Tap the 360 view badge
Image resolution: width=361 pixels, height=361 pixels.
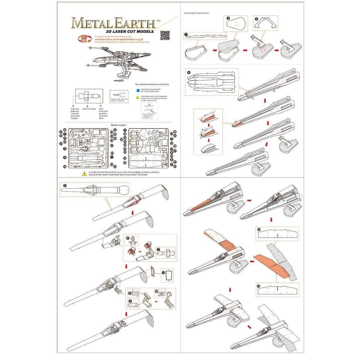[x=83, y=39]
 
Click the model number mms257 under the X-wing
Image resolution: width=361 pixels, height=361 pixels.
[x=119, y=80]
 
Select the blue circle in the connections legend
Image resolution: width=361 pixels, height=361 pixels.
[x=137, y=90]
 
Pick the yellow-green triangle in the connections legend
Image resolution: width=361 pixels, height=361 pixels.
[x=137, y=97]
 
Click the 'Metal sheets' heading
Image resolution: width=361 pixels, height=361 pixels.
[x=118, y=125]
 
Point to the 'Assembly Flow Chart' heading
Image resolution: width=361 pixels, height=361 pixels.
[x=196, y=13]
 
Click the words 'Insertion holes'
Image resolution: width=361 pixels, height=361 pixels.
[x=89, y=109]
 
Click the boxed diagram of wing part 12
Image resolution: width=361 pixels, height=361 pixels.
[x=277, y=233]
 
